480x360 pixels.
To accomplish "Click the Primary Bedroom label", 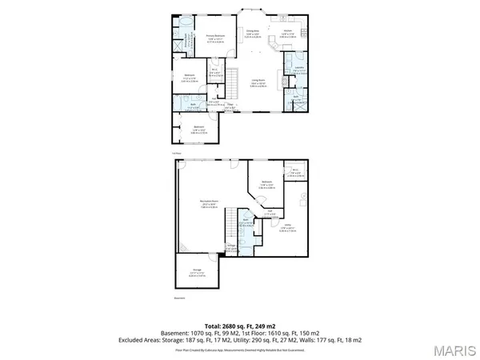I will coord(211,36).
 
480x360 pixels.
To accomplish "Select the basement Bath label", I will coord(247,222).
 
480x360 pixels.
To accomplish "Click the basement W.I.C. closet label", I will coord(294,171).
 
